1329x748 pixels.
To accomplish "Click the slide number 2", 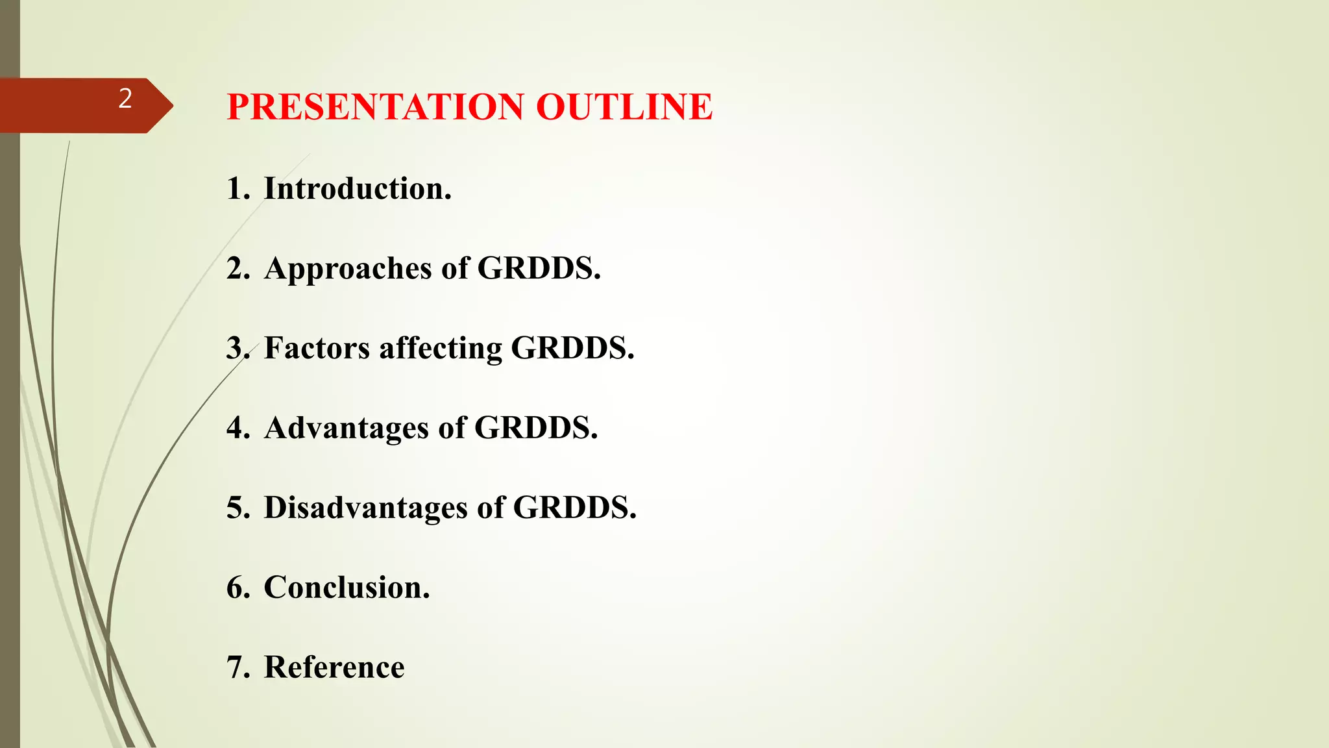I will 125,99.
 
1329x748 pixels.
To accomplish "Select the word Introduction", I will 357,189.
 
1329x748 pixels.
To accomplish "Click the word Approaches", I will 348,269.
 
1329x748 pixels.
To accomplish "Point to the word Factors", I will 317,348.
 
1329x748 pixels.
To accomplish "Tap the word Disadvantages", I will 365,507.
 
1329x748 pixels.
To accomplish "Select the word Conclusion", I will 347,588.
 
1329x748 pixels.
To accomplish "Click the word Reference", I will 334,667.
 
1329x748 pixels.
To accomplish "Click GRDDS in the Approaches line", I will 539,269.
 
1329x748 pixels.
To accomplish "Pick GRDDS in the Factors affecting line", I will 572,348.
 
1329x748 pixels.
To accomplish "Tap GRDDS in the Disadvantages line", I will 574,507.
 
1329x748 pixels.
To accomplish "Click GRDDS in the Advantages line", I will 535,428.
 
